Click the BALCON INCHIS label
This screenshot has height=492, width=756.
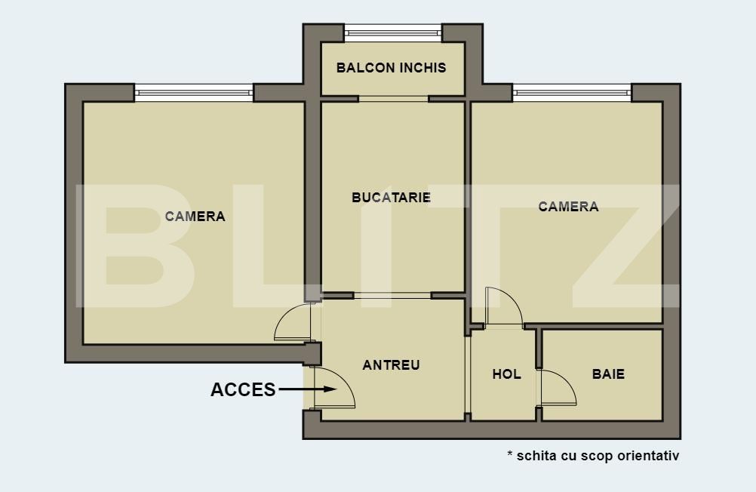point(391,68)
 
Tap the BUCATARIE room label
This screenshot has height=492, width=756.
point(391,198)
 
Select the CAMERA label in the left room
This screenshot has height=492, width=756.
point(195,217)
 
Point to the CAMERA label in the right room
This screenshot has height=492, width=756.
point(568,207)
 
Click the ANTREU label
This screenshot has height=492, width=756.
point(391,365)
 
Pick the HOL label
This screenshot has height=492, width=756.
point(506,374)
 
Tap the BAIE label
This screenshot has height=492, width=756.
point(608,374)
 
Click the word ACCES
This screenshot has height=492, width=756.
point(243,390)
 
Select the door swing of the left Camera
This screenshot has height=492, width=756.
point(293,322)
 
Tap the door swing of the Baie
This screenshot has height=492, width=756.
point(557,389)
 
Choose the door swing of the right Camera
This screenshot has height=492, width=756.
point(503,308)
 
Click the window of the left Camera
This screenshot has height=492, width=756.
point(194,93)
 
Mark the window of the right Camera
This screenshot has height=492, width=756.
point(572,93)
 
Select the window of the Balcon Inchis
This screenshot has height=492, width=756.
point(392,32)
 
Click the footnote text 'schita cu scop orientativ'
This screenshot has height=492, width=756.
point(598,456)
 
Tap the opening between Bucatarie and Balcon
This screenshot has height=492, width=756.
point(393,99)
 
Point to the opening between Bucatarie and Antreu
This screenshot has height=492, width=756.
point(392,295)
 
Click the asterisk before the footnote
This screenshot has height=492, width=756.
point(510,454)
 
